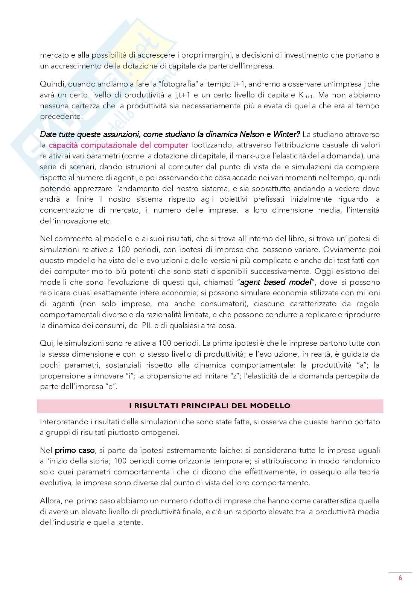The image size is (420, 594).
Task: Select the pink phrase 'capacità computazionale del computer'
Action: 119,145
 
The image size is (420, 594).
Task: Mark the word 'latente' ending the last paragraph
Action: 130,523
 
